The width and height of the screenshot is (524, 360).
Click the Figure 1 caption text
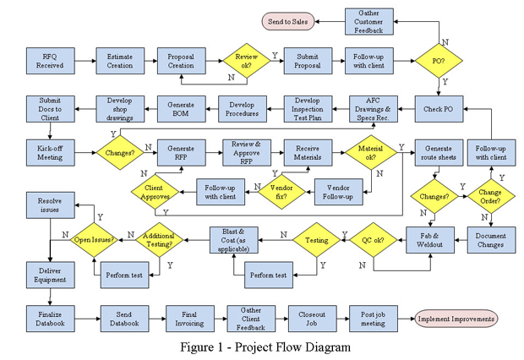click(265, 346)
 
